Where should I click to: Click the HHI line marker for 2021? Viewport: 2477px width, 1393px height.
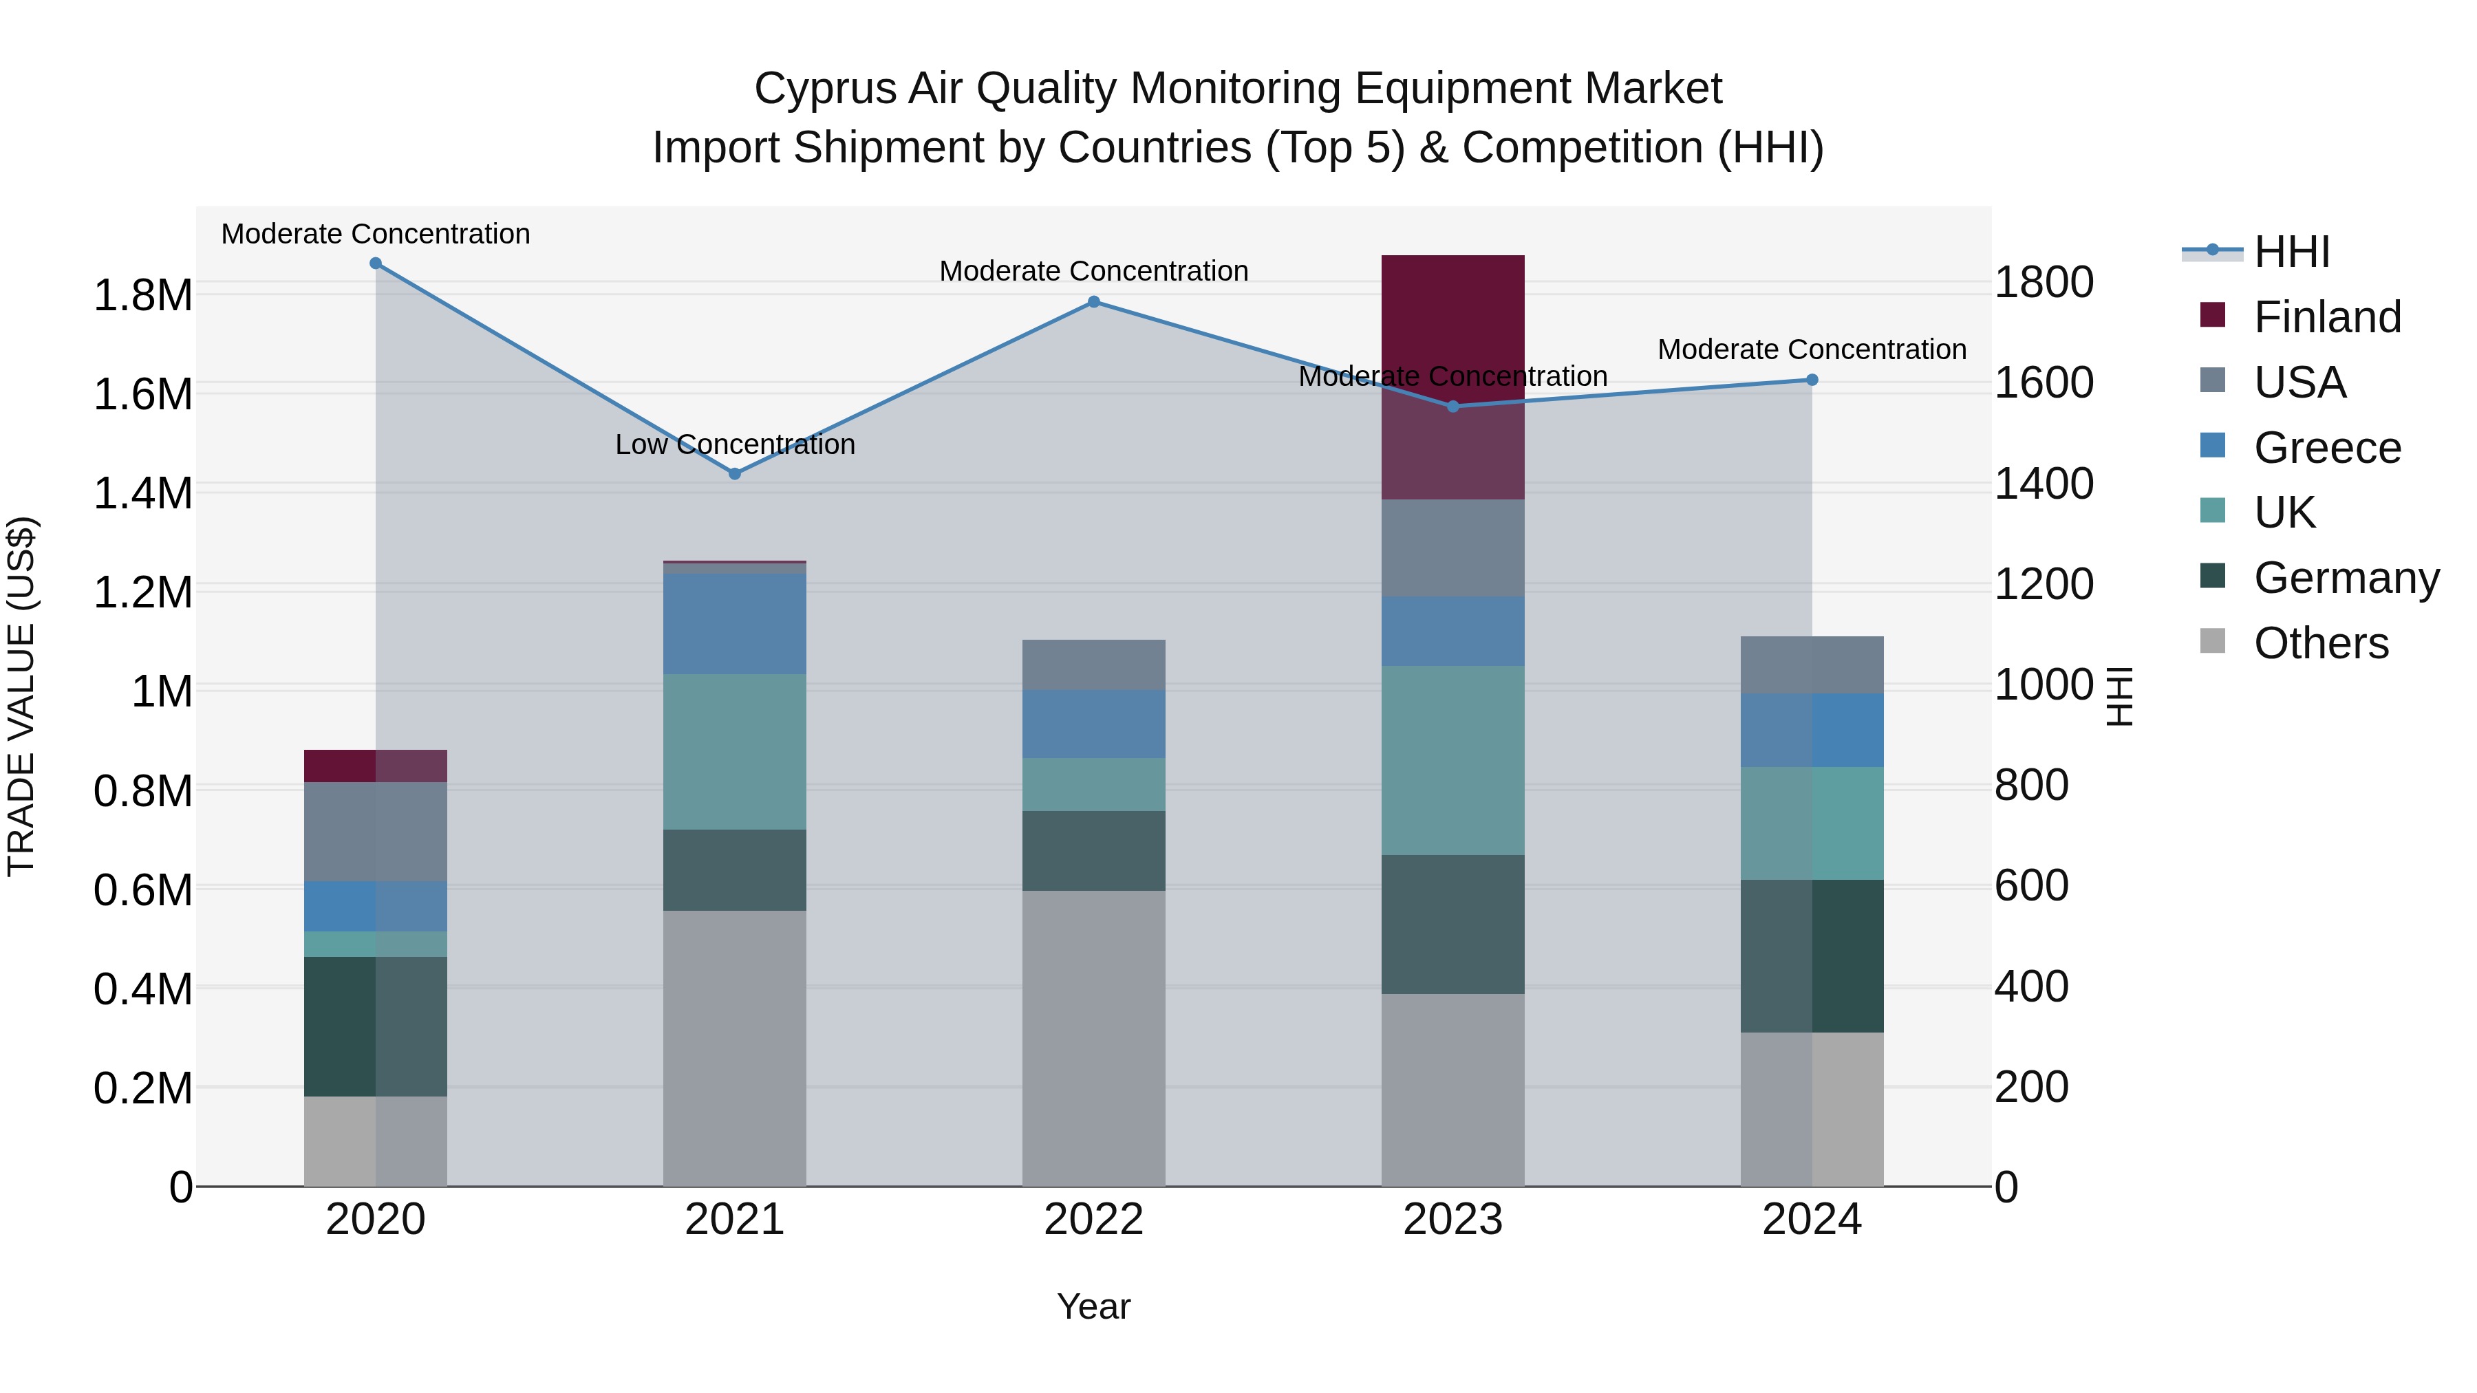point(735,473)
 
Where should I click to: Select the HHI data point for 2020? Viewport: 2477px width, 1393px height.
point(376,263)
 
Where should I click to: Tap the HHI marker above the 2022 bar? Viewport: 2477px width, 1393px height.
point(1093,302)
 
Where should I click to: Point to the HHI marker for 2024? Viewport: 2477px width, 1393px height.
point(1812,380)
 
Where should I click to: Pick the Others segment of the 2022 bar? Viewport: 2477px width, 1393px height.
point(1093,1037)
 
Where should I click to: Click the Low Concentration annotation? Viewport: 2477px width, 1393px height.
point(735,444)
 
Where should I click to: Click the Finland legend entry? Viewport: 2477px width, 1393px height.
point(2326,317)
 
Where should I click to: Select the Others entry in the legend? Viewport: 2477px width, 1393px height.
point(2320,643)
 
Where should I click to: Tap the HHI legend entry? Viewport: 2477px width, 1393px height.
point(2291,252)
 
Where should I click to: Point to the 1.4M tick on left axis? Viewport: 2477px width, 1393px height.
point(142,493)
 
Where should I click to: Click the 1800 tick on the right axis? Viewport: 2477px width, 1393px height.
point(2044,283)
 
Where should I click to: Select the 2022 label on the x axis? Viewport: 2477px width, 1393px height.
point(1093,1220)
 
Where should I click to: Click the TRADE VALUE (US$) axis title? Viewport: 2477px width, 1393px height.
point(21,696)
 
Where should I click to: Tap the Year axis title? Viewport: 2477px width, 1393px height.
point(1093,1306)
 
